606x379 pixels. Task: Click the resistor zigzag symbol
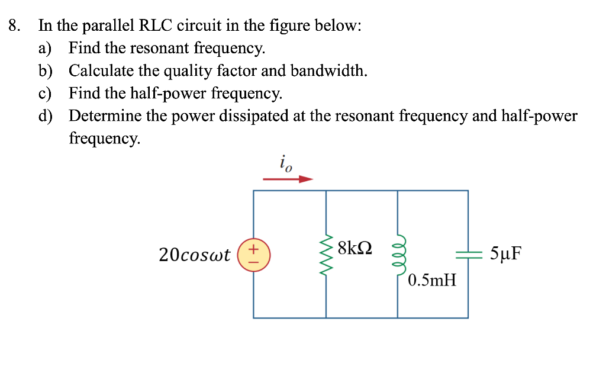[326, 255]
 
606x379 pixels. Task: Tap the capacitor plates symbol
[468, 255]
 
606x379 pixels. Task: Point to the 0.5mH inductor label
[432, 280]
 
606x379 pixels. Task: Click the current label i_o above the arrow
[285, 162]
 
